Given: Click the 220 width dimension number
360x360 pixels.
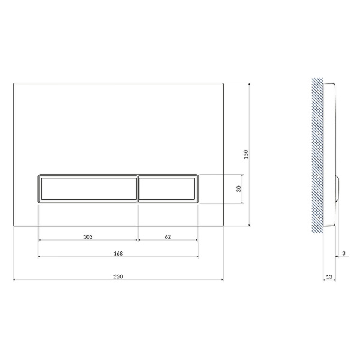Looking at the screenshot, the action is (x=118, y=277).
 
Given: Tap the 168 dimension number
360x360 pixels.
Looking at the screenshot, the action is (x=118, y=253).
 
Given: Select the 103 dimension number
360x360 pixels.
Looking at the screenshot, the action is (x=88, y=237).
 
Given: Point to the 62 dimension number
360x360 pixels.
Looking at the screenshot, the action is (x=168, y=237).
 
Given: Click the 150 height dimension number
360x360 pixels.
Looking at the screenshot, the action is (x=246, y=154).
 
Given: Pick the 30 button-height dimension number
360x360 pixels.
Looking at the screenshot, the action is (x=239, y=189).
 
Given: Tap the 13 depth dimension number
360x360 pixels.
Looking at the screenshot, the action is (x=329, y=277).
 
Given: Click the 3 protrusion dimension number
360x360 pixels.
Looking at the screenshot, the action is (x=344, y=253).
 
